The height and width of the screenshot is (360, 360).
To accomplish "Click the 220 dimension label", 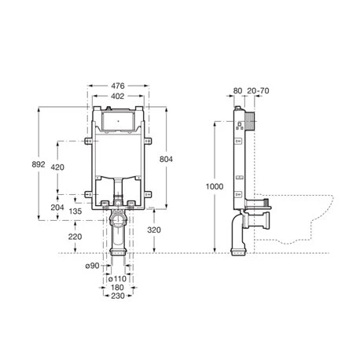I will pos(75,237).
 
